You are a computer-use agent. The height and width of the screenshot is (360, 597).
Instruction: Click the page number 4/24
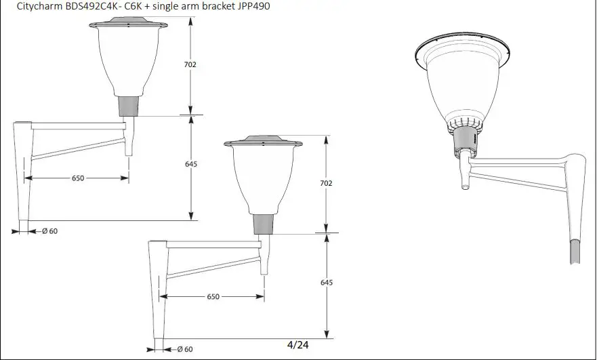[x=297, y=344]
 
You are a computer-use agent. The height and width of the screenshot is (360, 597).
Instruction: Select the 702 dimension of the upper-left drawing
[x=190, y=64]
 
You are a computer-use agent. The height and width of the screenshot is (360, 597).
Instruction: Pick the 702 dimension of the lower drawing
[x=326, y=183]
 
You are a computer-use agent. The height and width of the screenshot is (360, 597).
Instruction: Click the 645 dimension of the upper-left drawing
[x=190, y=165]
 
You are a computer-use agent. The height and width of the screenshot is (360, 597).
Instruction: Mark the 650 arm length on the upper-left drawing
[x=78, y=178]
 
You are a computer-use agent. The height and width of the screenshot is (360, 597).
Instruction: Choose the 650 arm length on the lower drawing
[x=213, y=297]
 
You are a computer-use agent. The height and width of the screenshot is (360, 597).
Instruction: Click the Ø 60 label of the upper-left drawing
[x=48, y=231]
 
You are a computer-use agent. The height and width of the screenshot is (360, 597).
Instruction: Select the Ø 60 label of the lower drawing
[x=184, y=349]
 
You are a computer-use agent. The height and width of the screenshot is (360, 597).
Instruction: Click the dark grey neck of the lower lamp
[x=264, y=224]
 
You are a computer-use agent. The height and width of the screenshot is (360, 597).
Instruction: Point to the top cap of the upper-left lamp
[x=128, y=25]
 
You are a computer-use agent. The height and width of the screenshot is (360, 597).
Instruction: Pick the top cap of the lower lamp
[x=264, y=142]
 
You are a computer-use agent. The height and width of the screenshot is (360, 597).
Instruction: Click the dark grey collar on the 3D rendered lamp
[x=465, y=140]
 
